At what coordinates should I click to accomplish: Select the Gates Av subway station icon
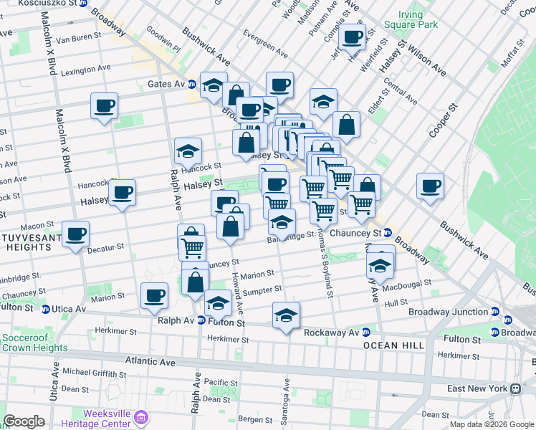click(192, 84)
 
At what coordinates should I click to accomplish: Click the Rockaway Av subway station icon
click(365, 333)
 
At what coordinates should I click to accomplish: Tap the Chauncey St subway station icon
click(387, 233)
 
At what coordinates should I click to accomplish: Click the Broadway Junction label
click(448, 312)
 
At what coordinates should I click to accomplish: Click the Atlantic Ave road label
click(150, 362)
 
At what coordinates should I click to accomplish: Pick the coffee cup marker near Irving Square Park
click(353, 37)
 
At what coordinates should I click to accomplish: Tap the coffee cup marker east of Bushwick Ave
click(431, 186)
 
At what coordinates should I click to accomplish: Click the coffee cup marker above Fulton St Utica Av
click(154, 296)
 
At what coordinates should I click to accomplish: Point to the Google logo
click(24, 421)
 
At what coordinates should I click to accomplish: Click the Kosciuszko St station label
click(47, 4)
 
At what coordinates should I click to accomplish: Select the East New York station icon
click(515, 388)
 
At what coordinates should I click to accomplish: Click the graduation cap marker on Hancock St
click(188, 151)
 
